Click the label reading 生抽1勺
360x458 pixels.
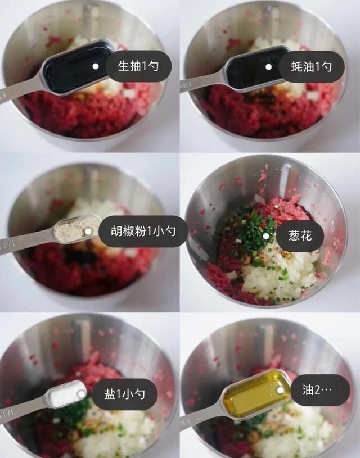(137, 67)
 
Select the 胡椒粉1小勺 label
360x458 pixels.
(143, 232)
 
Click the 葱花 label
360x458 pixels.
(300, 236)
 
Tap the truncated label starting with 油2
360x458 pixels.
(319, 390)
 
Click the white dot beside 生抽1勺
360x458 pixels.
(96, 66)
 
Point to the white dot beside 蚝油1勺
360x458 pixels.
(269, 66)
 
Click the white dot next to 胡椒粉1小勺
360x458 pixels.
(88, 231)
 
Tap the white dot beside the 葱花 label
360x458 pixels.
(265, 236)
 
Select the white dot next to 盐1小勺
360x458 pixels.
(82, 394)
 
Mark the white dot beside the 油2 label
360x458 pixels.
(280, 389)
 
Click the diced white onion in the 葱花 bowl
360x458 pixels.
(281, 275)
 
